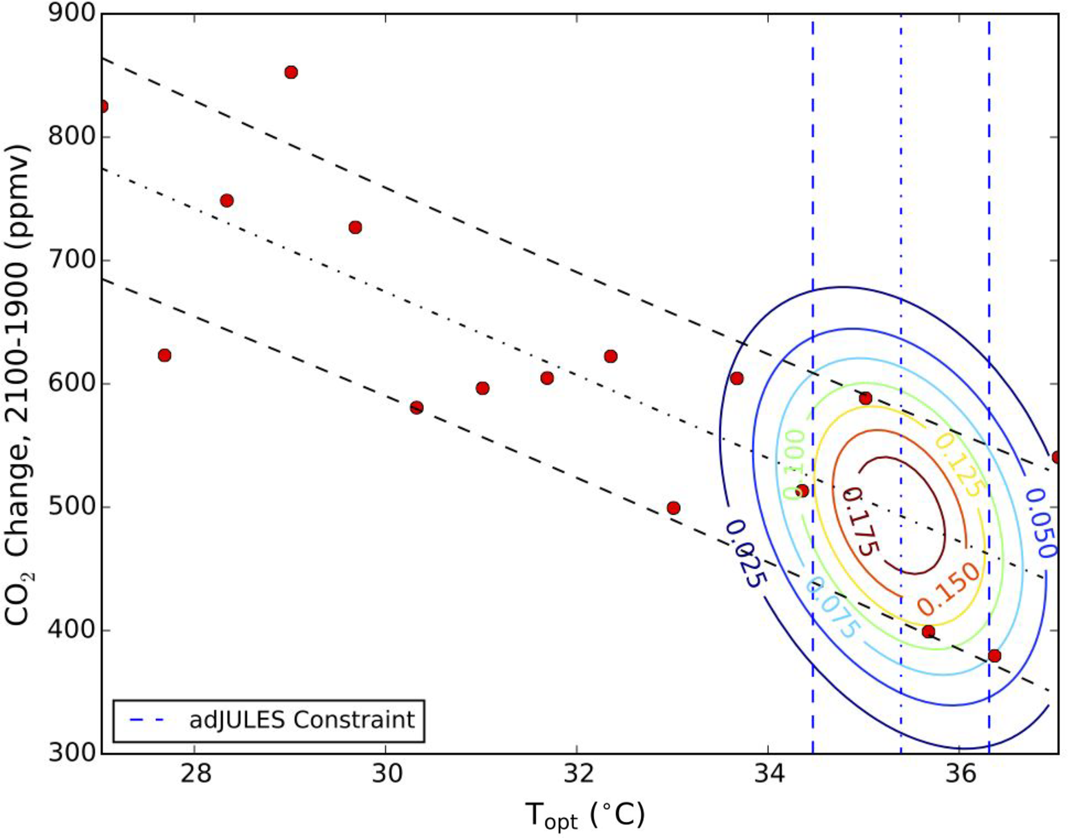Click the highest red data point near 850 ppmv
pyautogui.click(x=291, y=72)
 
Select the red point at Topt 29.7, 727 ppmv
pyautogui.click(x=355, y=228)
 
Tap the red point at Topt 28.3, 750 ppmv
pyautogui.click(x=227, y=200)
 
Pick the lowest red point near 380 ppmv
pyautogui.click(x=994, y=656)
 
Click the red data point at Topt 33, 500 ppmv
pyautogui.click(x=673, y=508)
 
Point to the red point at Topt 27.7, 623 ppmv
pyautogui.click(x=164, y=355)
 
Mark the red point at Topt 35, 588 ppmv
pyautogui.click(x=865, y=399)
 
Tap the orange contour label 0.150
pyautogui.click(x=948, y=589)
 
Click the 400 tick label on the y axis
pyautogui.click(x=72, y=630)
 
